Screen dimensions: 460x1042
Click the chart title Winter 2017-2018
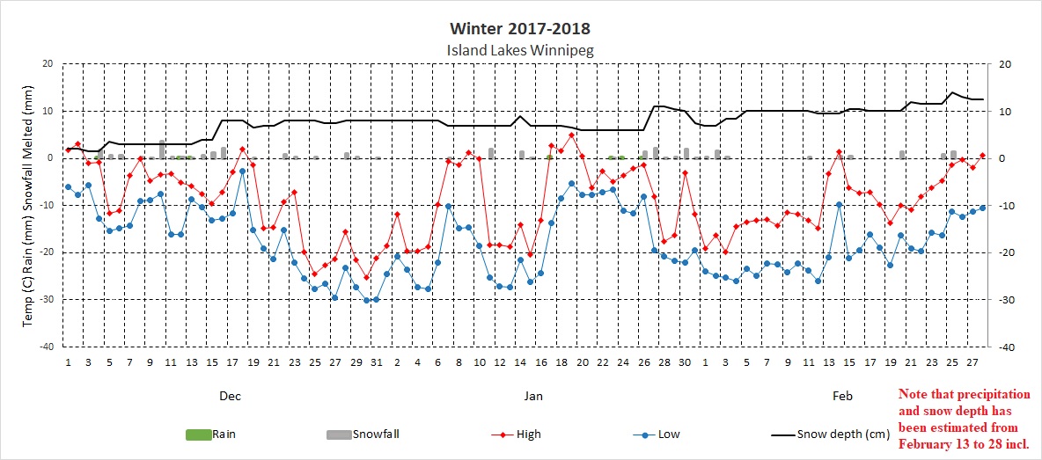(519, 30)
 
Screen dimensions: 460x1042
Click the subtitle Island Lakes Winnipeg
(520, 50)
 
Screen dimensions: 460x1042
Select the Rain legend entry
(210, 434)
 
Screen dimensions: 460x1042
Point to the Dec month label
(230, 397)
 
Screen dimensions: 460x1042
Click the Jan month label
(533, 397)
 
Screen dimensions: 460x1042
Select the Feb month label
(842, 397)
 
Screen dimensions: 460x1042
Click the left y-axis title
(28, 205)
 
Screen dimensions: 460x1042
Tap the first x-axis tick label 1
(68, 361)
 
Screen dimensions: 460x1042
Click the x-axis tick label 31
(377, 361)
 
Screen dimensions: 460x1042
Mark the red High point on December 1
(68, 149)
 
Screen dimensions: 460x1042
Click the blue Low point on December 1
(68, 186)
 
